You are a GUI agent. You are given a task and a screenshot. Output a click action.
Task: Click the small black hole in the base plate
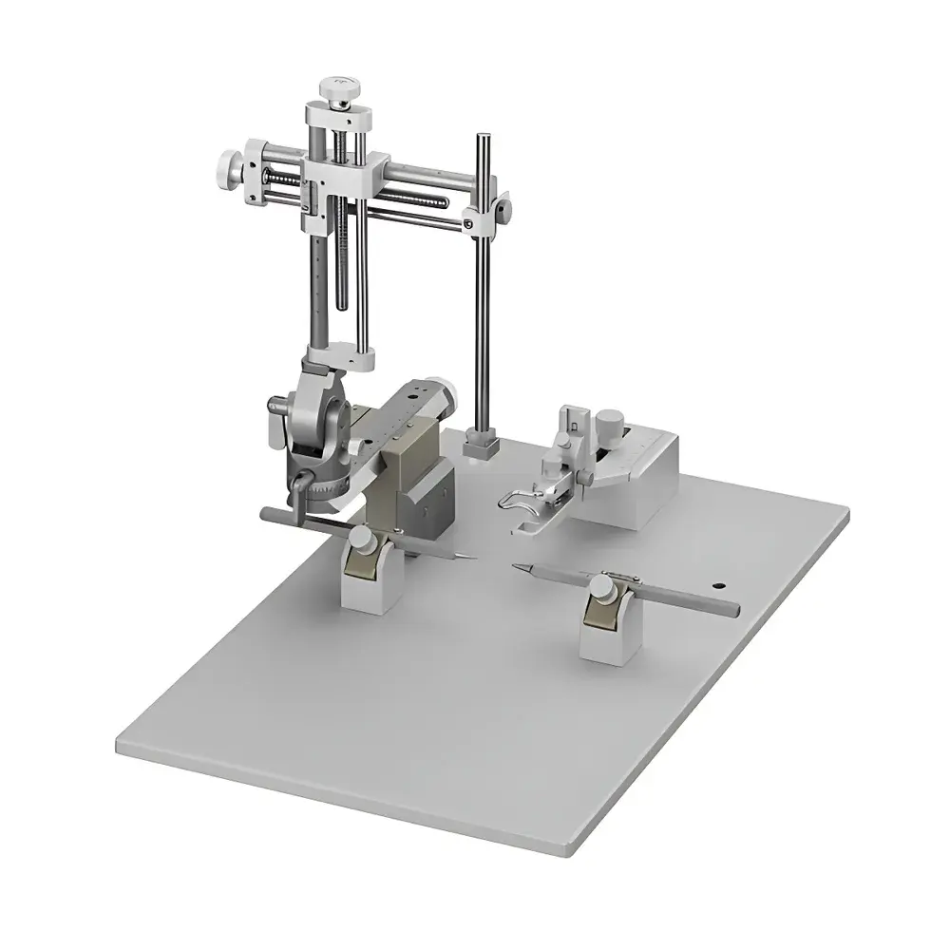718,586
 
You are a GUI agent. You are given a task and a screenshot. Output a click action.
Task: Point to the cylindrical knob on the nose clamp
612,420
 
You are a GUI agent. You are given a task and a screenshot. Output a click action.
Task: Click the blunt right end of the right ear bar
731,610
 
